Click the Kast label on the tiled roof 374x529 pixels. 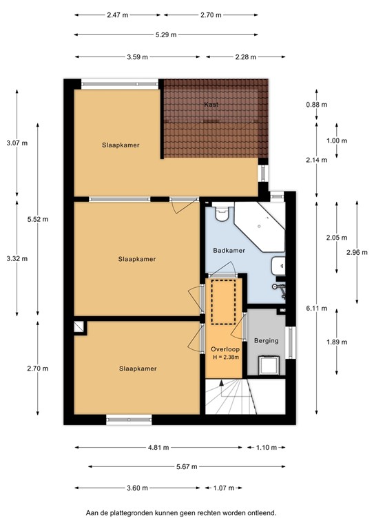point(211,105)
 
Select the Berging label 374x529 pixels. point(266,340)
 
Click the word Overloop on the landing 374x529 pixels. point(225,349)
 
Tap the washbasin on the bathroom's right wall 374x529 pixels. point(277,265)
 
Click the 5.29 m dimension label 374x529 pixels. point(165,35)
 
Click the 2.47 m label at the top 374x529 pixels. point(118,14)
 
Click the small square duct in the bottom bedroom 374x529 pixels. point(80,328)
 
